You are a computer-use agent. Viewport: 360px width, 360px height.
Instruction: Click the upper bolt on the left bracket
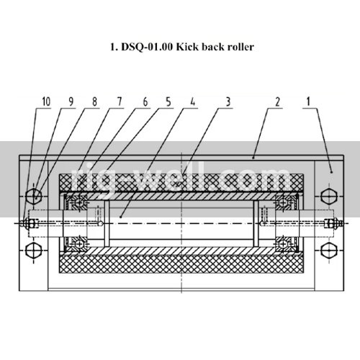pos(33,195)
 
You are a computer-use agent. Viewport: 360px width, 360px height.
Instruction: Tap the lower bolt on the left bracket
pos(33,250)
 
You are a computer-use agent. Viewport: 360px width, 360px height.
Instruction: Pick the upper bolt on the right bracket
pos(329,195)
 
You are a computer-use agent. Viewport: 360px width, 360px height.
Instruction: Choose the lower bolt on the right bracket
pos(329,250)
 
